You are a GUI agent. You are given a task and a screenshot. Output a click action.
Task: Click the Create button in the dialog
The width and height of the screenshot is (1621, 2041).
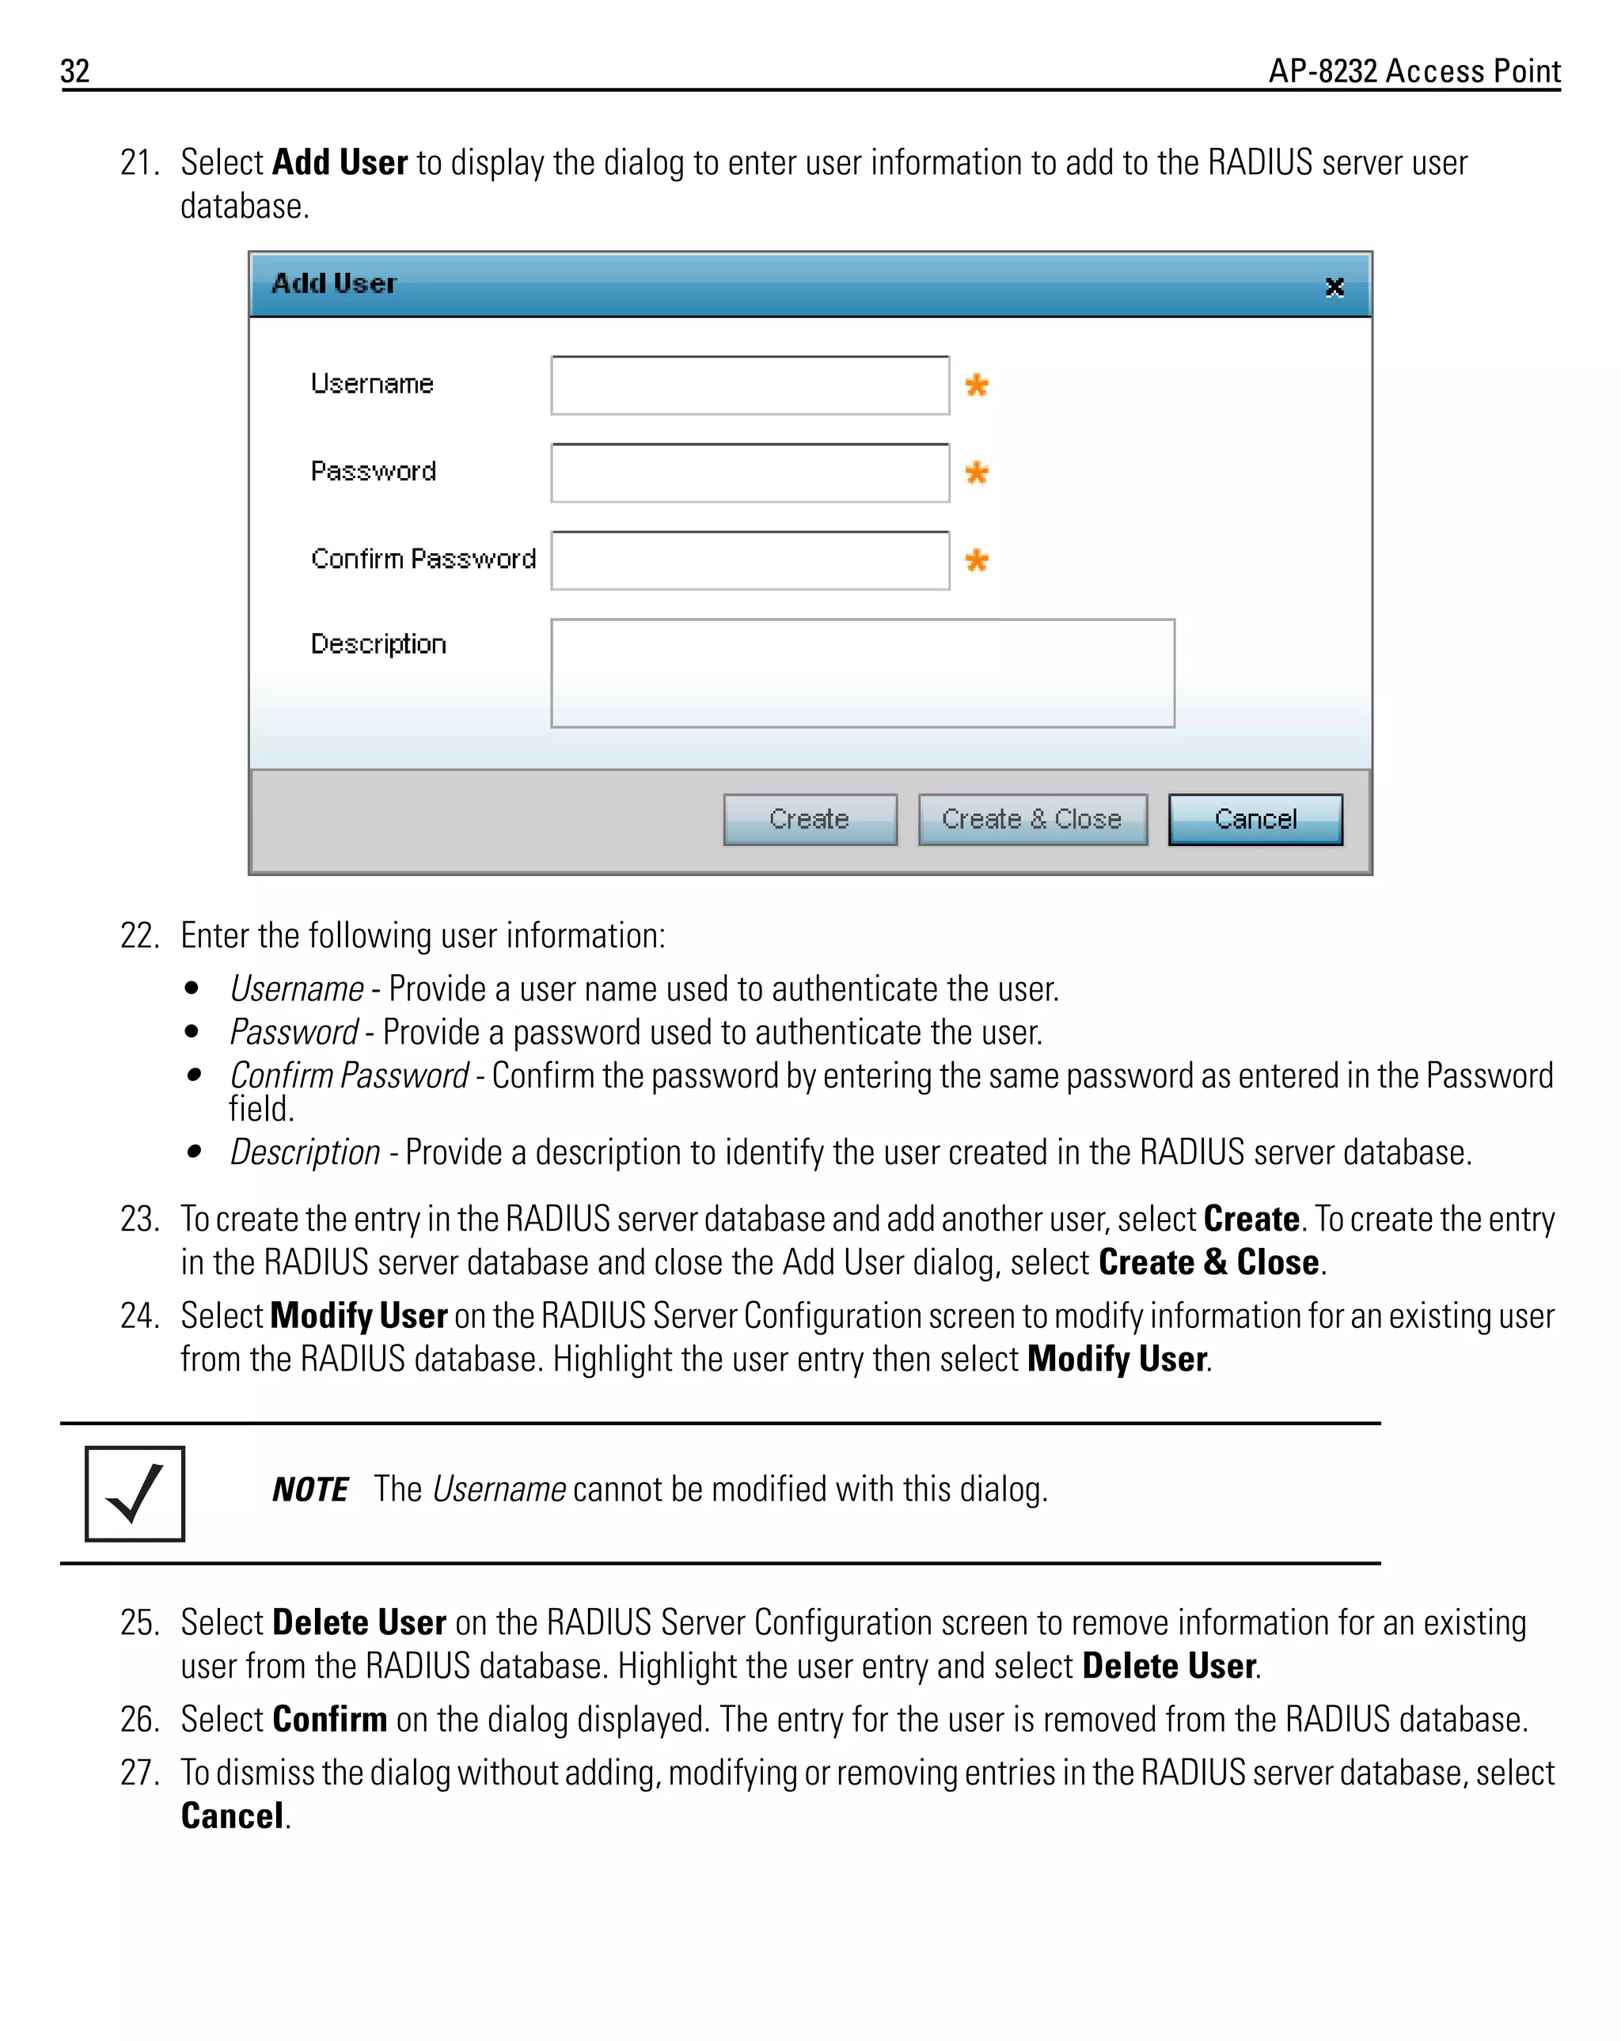click(x=810, y=819)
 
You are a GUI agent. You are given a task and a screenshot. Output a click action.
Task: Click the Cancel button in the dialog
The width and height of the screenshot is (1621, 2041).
click(x=1255, y=819)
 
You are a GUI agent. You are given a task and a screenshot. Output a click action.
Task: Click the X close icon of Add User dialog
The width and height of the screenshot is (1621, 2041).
click(x=1334, y=286)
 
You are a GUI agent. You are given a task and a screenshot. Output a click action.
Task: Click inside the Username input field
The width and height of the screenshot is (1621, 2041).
click(x=749, y=385)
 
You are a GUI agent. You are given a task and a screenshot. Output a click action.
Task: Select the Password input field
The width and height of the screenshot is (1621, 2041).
click(x=749, y=472)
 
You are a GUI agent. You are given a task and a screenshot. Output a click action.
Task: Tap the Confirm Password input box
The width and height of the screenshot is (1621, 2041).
click(x=749, y=560)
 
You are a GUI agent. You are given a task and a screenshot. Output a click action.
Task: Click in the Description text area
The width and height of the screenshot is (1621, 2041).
click(x=862, y=673)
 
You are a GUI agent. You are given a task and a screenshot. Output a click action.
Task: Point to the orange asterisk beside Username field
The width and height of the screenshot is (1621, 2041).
click(x=976, y=385)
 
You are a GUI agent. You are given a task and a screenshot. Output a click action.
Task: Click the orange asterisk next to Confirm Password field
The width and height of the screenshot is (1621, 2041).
click(x=976, y=560)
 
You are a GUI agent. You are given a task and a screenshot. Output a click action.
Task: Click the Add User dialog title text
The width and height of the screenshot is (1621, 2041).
click(x=333, y=283)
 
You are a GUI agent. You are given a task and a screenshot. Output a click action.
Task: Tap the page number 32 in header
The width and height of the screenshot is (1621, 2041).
click(x=75, y=71)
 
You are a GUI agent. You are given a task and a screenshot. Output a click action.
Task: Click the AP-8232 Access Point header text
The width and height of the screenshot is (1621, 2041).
click(x=1414, y=71)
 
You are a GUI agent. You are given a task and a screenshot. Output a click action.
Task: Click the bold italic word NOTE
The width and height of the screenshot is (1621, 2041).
click(x=309, y=1489)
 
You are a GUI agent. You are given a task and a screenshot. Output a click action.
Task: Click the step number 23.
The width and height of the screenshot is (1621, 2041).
click(x=139, y=1219)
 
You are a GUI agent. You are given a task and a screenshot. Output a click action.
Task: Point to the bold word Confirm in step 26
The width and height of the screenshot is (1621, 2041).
click(x=328, y=1718)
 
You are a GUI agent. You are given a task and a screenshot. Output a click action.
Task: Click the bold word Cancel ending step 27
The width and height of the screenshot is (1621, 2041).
click(x=232, y=1815)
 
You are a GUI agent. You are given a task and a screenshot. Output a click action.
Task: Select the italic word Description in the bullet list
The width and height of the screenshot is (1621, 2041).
click(x=305, y=1152)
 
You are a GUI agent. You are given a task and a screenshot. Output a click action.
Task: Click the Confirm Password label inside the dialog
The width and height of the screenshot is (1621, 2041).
click(x=423, y=559)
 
